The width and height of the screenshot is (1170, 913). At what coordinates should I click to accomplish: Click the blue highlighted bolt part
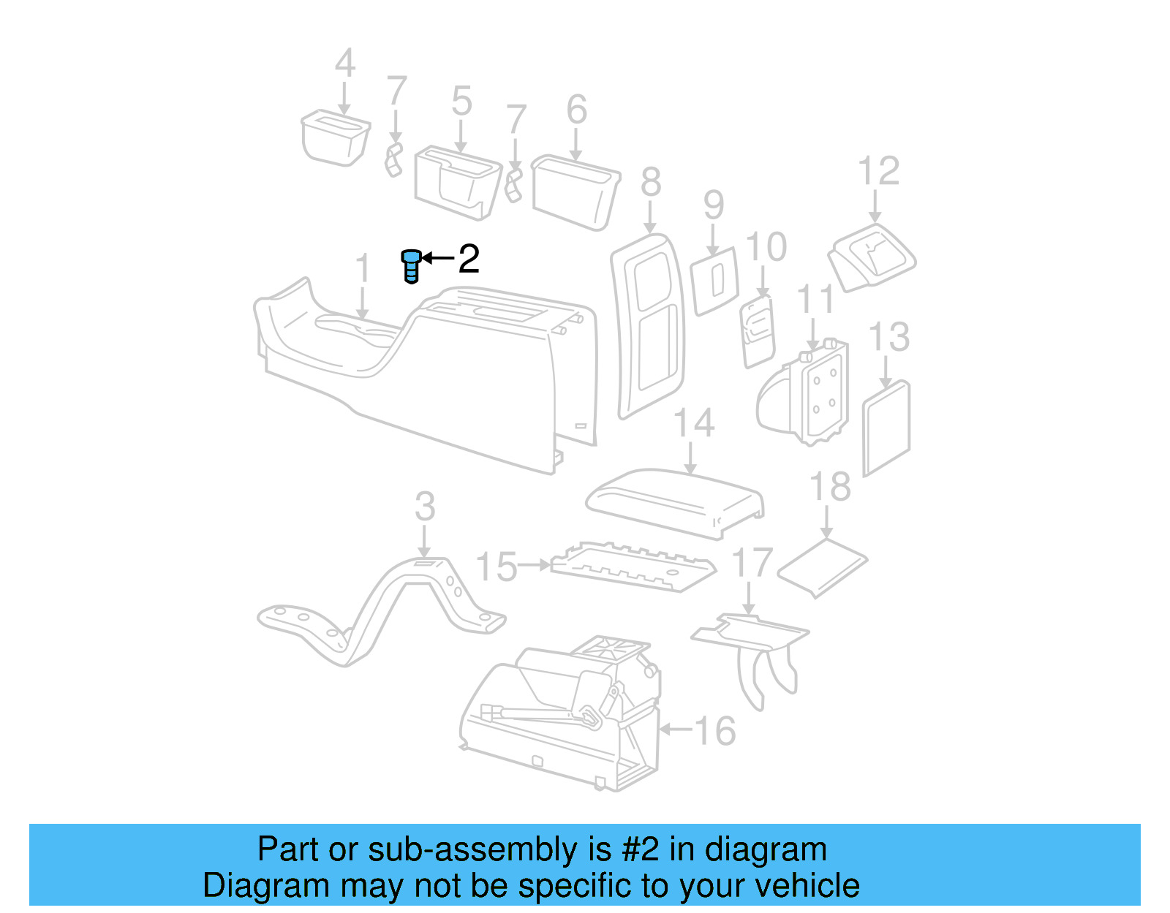411,265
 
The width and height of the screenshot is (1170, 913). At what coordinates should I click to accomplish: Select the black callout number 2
468,259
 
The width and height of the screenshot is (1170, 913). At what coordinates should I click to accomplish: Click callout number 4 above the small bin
345,64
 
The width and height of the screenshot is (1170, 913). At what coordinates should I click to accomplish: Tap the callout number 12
878,172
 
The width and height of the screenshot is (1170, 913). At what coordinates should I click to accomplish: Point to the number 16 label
714,731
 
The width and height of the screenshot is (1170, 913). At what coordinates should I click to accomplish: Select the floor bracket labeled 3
380,614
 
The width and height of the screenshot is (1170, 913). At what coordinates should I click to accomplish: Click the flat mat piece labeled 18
822,567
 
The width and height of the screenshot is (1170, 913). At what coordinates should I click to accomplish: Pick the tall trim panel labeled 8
647,325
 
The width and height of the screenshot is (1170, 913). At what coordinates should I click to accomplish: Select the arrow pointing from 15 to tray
535,565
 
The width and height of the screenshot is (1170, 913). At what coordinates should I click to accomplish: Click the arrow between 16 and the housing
674,729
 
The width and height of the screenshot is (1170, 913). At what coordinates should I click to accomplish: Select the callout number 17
752,563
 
